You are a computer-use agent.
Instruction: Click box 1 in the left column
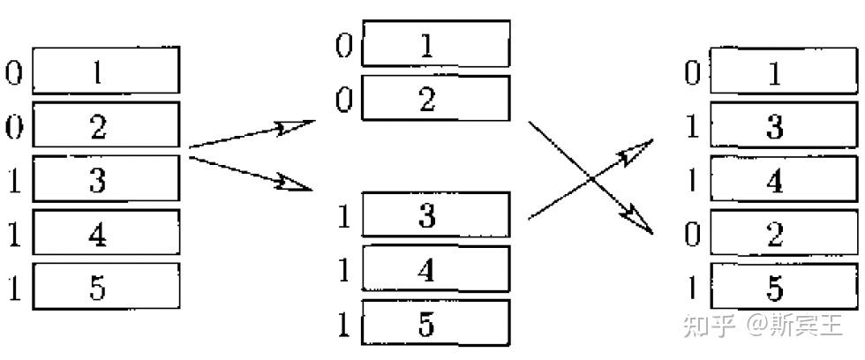tap(106, 71)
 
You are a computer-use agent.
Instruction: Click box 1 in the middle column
tap(436, 43)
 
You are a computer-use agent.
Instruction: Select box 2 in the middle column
tap(436, 98)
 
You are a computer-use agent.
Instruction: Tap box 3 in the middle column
tap(436, 215)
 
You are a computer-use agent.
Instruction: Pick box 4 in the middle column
tap(436, 269)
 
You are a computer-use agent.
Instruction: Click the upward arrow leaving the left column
tap(252, 133)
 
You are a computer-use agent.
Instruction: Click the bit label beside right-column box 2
tap(694, 235)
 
